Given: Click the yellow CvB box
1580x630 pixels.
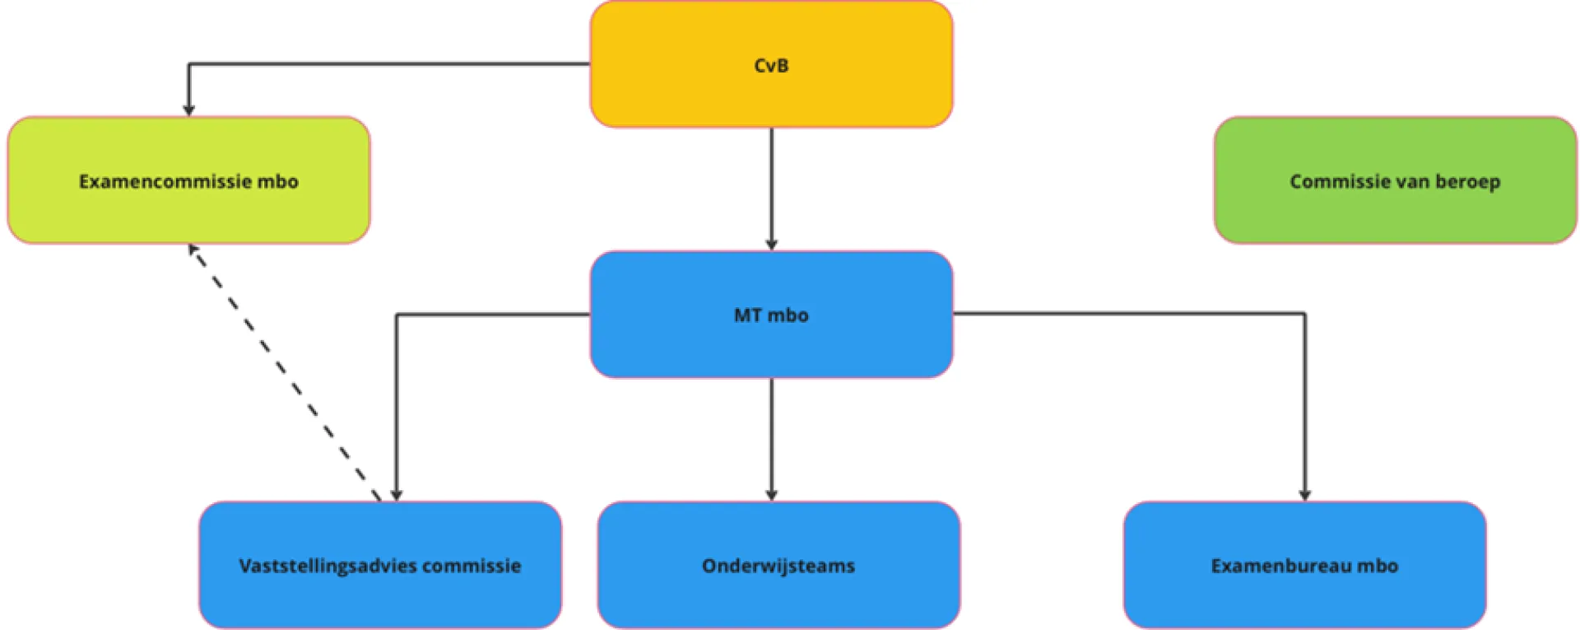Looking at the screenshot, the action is [x=771, y=64].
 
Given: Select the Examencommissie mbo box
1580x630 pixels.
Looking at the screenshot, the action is [x=188, y=180].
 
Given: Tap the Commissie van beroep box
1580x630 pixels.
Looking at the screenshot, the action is [x=1395, y=180].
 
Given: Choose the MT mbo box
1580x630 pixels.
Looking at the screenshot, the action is [x=771, y=315].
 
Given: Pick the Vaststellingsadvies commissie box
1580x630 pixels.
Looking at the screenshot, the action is [x=380, y=565].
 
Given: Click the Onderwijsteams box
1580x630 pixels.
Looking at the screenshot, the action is [x=778, y=565].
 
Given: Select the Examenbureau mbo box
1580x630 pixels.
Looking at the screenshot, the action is [x=1304, y=565].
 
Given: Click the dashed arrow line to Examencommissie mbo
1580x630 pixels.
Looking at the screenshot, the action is [x=285, y=372].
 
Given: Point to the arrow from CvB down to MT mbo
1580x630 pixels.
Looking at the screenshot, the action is [x=771, y=189].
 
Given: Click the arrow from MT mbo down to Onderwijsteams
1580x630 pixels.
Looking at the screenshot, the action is [x=771, y=440].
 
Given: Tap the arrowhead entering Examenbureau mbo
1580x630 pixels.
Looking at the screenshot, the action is [x=1304, y=495].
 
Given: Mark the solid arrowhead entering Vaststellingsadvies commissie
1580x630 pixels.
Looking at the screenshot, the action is [x=397, y=495].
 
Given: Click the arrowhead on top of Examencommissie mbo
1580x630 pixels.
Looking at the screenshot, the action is [x=188, y=110].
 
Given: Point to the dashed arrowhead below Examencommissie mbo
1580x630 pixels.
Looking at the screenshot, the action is [x=193, y=250].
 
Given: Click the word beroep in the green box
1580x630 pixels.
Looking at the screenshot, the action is [x=1467, y=181].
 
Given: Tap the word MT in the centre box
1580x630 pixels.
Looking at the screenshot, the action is [x=748, y=315].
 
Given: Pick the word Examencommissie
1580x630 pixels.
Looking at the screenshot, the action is [x=165, y=181].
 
